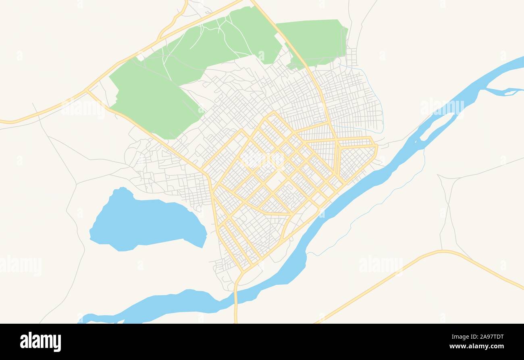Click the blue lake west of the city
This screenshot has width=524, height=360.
point(145,222)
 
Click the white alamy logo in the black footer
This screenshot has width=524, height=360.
point(40,341)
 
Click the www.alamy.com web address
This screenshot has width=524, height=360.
point(476,346)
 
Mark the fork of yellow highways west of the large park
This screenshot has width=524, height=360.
point(87,91)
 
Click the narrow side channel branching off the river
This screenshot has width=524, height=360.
point(500,91)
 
